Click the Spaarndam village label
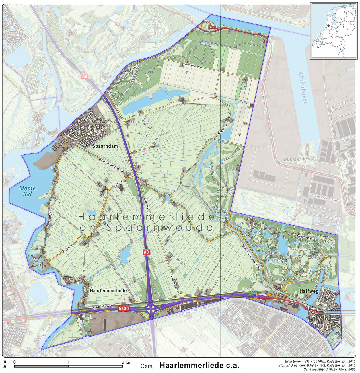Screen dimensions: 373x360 105,146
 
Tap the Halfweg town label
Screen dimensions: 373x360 309,291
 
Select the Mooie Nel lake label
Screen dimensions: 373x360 28,191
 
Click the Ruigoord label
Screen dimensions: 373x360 294,159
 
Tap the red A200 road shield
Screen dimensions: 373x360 124,308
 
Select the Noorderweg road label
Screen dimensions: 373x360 193,65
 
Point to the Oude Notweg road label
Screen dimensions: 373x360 103,307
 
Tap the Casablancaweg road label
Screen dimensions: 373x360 326,198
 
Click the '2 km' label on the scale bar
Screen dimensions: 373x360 127,362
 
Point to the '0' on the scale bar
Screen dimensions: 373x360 15,362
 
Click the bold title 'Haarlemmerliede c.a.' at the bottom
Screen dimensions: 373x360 199,365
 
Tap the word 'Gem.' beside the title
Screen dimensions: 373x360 147,366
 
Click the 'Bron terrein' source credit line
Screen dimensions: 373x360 320,361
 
